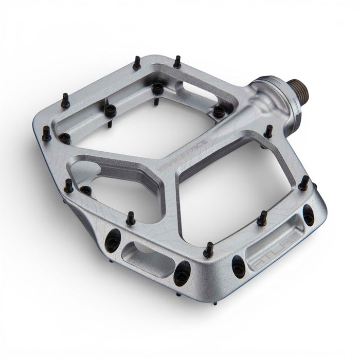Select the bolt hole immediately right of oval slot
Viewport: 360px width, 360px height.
pyautogui.click(x=181, y=274)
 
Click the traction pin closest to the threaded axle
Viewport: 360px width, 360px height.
pyautogui.click(x=268, y=132)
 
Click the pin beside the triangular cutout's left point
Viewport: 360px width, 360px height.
pyautogui.click(x=68, y=185)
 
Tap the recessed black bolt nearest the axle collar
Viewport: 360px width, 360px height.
pyautogui.click(x=220, y=111)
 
